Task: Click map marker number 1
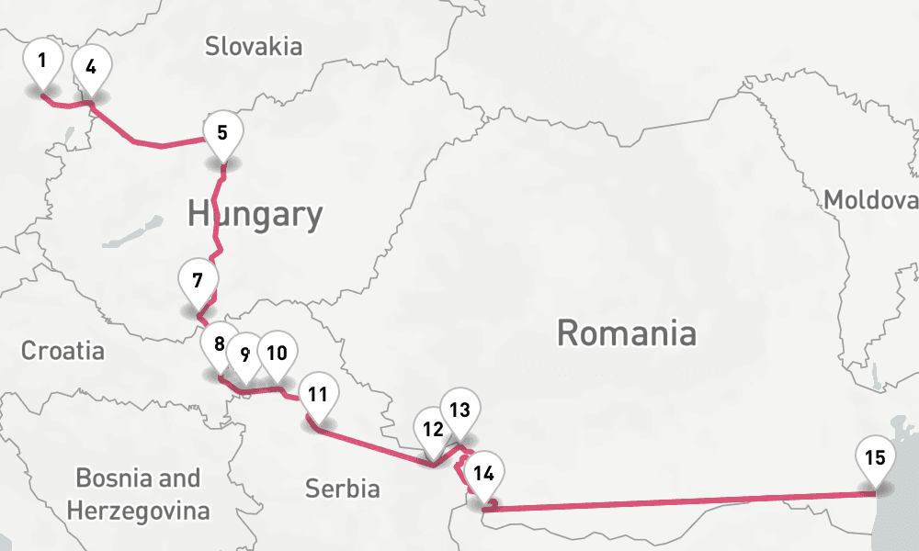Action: (x=42, y=63)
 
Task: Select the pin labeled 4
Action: (x=91, y=68)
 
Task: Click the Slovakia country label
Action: (x=254, y=46)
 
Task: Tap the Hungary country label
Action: (x=255, y=215)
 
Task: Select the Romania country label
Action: (x=626, y=332)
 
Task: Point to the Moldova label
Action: (x=869, y=200)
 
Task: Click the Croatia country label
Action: (x=62, y=351)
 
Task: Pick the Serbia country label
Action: (x=343, y=489)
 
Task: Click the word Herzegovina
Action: (x=138, y=510)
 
